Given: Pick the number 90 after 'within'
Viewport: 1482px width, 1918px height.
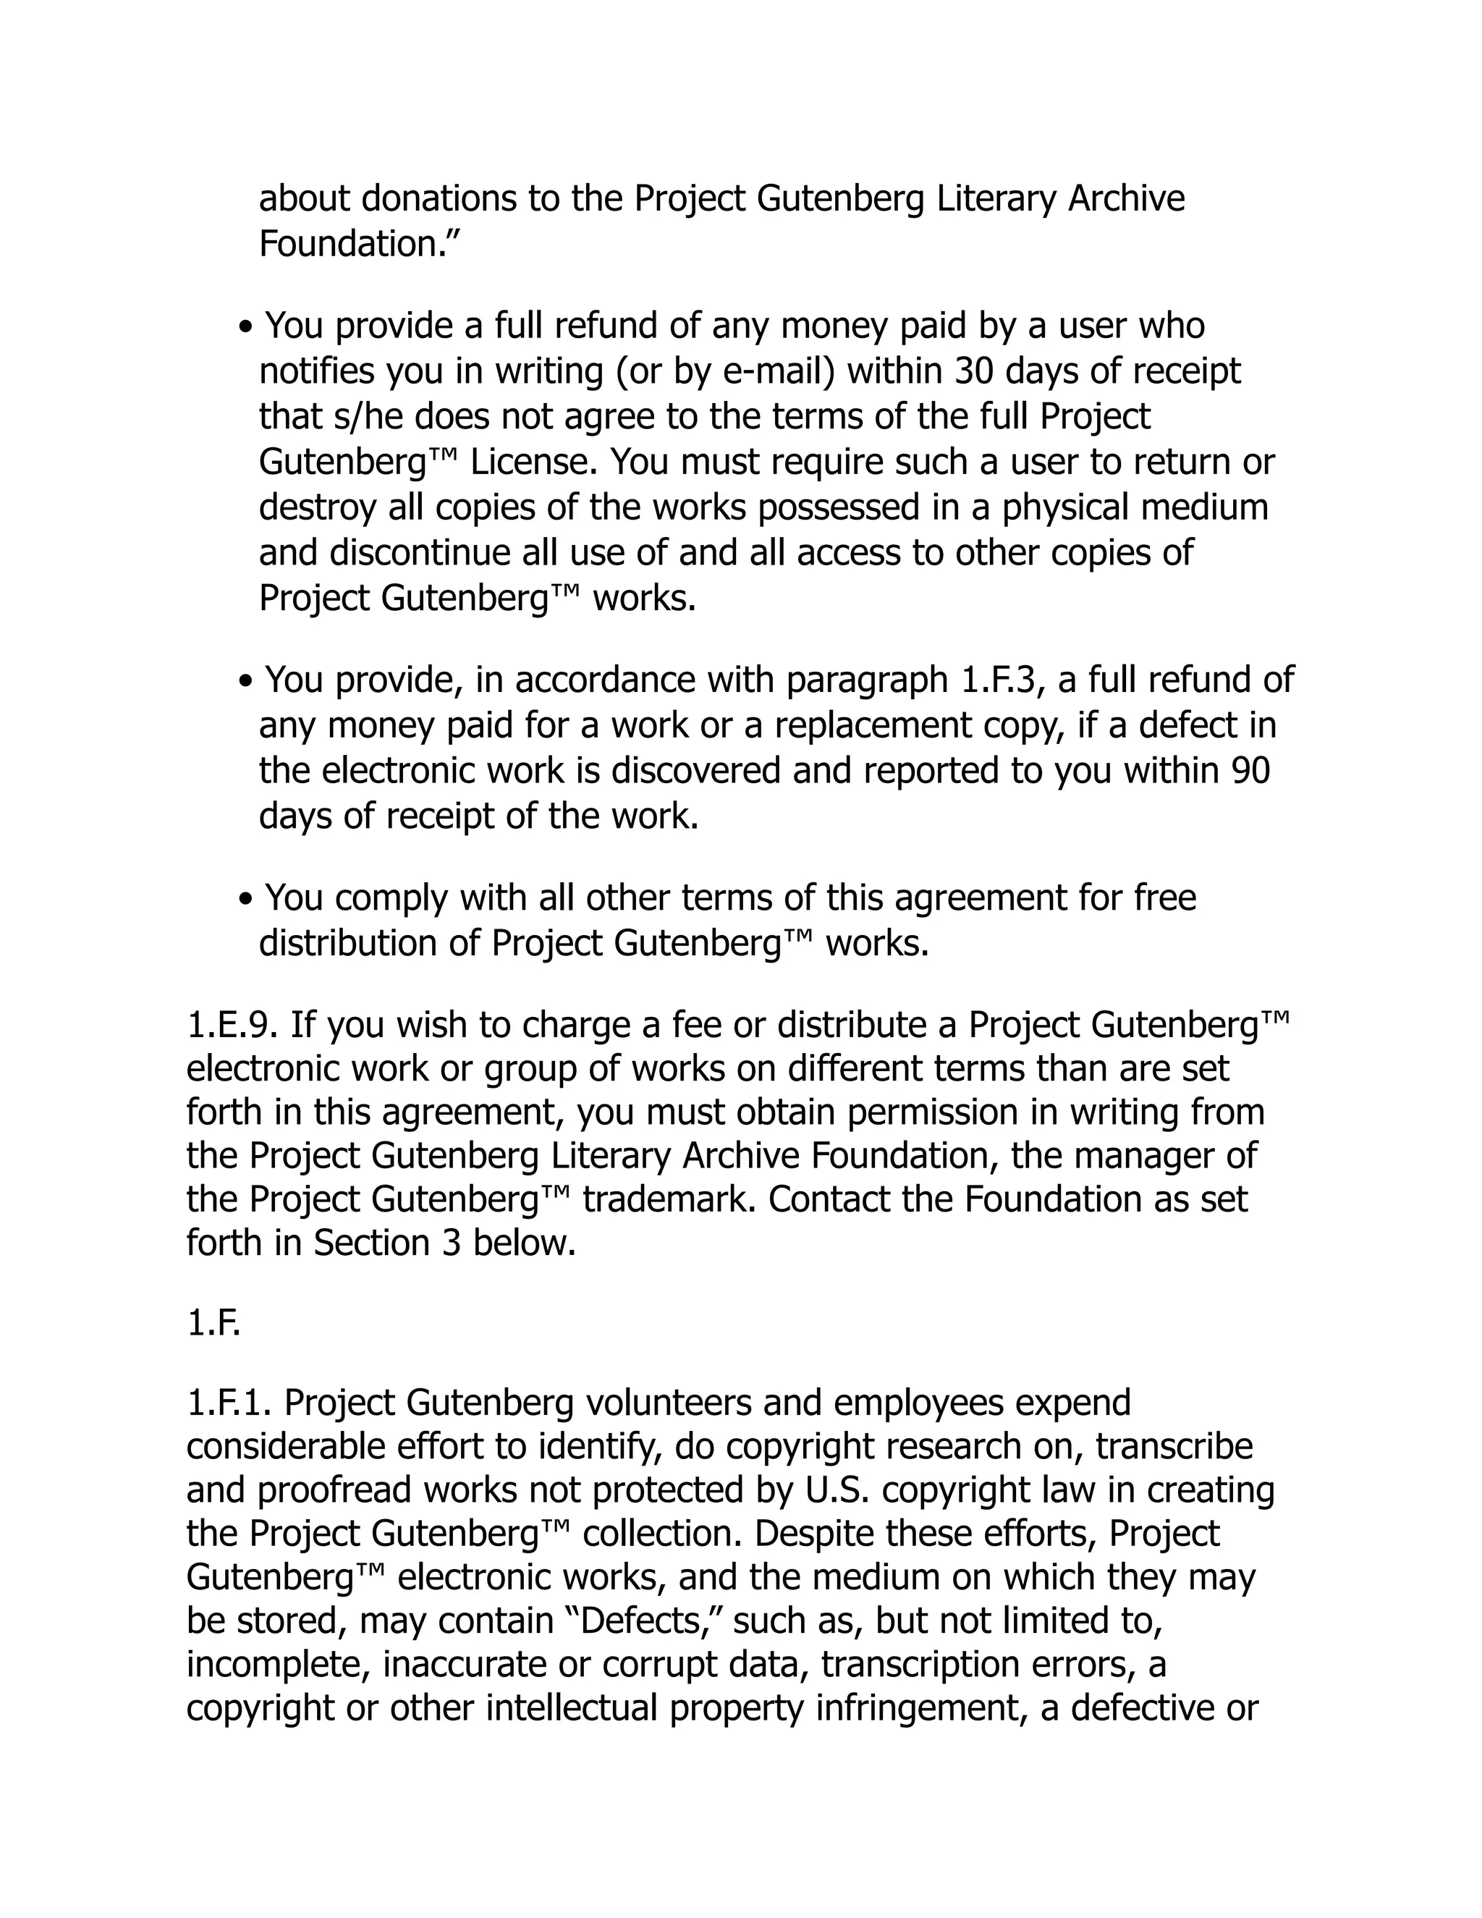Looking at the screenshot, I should (x=1250, y=770).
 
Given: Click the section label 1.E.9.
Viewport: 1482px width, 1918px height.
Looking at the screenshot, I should (x=233, y=1024).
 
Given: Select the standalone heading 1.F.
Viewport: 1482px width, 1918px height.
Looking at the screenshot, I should (x=213, y=1324).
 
